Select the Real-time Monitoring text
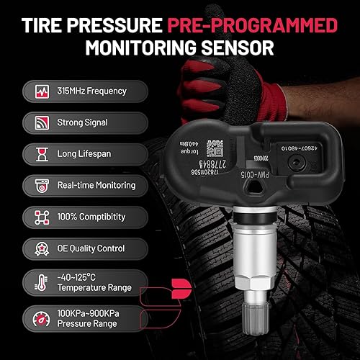[x=96, y=185]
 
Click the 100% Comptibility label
[x=91, y=217]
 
